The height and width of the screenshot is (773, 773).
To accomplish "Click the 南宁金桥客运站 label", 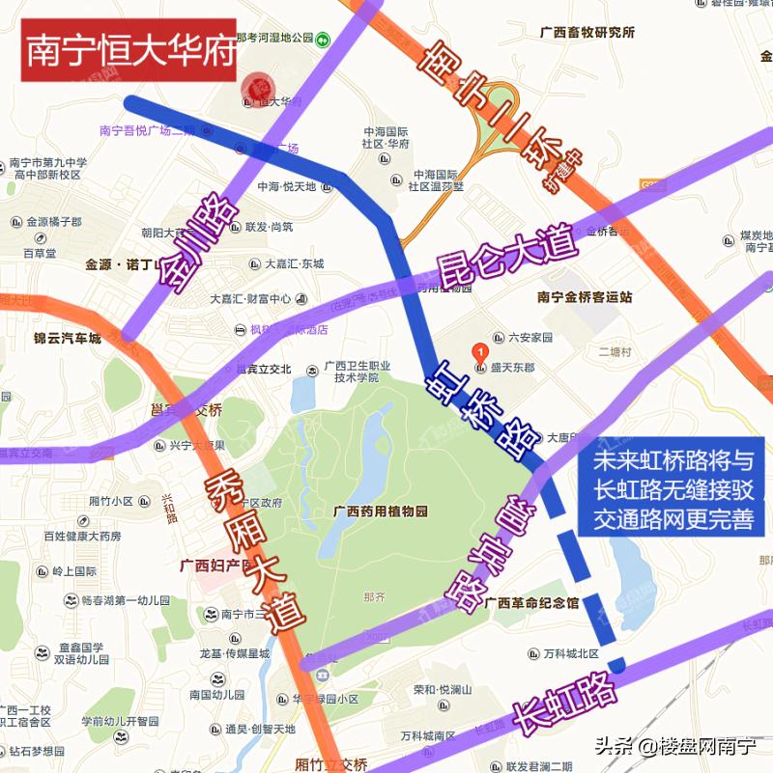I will pos(585,297).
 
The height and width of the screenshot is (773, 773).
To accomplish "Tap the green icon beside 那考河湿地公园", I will pos(323,39).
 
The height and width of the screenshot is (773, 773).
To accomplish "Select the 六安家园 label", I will pos(530,338).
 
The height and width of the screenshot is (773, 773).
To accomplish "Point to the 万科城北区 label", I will pos(570,654).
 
